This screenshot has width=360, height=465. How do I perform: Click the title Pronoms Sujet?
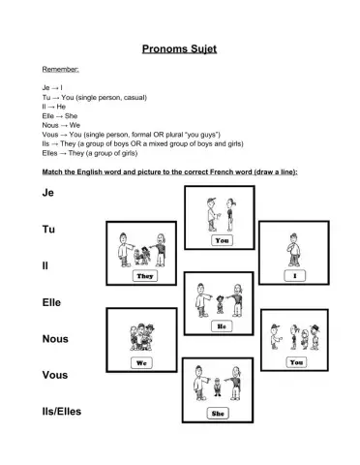click(179, 46)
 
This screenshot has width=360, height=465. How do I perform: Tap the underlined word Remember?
click(61, 71)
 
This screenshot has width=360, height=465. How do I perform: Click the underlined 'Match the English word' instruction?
click(169, 171)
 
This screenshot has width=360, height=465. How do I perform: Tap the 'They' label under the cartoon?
click(145, 275)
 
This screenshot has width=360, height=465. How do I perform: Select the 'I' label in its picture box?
click(292, 275)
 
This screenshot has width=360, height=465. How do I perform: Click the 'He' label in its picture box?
click(220, 325)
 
